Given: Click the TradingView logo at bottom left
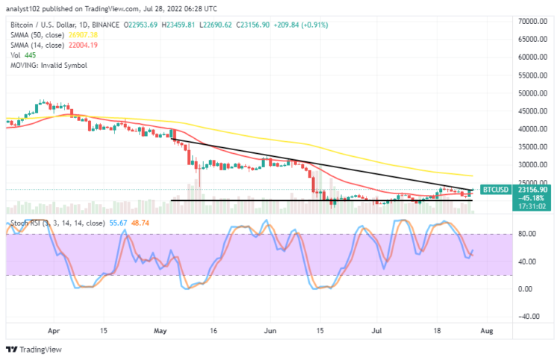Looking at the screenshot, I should [x=36, y=350].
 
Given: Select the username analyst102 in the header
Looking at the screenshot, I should [x=28, y=8].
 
